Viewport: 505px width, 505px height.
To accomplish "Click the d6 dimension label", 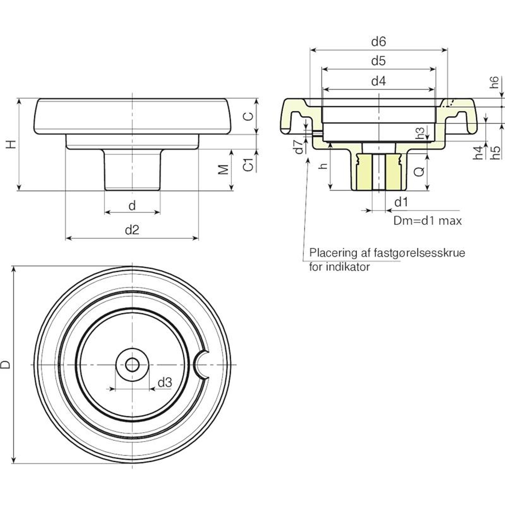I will click(x=378, y=41).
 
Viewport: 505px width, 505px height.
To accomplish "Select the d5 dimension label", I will click(x=378, y=61).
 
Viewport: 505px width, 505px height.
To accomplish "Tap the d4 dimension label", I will click(x=378, y=81).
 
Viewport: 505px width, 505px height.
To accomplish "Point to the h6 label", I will click(x=495, y=82).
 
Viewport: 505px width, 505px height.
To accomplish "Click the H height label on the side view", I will click(x=11, y=145).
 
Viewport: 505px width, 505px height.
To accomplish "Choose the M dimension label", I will click(x=223, y=169).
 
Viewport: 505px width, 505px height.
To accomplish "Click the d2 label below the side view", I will click(x=132, y=230).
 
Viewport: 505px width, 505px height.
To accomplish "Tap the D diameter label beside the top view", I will click(x=5, y=365).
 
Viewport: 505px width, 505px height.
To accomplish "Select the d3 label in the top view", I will click(x=165, y=383).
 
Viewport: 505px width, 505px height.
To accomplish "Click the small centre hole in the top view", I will click(x=132, y=365).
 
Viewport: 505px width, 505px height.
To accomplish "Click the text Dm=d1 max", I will click(x=427, y=221).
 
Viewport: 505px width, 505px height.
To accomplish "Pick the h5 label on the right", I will click(x=496, y=152).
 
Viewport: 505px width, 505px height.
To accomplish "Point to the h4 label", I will click(x=478, y=152).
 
